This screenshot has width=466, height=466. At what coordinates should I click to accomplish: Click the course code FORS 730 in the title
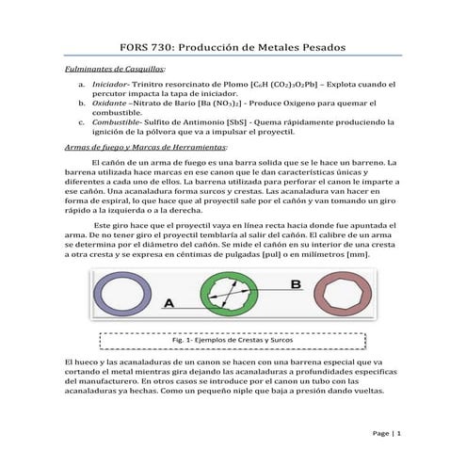[145, 46]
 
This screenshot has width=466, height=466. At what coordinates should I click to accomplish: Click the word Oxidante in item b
[113, 104]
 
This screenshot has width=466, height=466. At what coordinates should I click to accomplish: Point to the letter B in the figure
[295, 283]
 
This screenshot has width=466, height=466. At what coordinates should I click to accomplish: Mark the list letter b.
[83, 104]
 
